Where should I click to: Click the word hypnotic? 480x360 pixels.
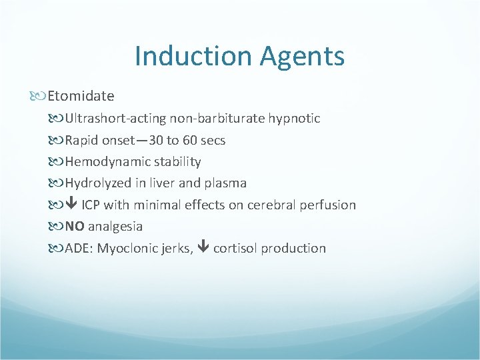[294, 119]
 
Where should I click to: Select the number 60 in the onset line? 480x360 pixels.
[198, 140]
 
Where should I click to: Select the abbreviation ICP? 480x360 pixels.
[92, 205]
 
